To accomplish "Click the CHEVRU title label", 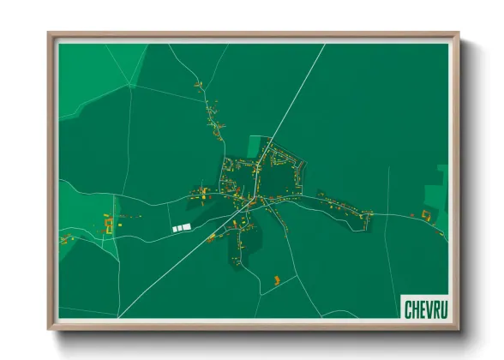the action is coord(424,306).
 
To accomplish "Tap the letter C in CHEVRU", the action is coord(408,306).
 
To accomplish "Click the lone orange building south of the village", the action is coord(277,279).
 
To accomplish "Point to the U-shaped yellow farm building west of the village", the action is coord(109,225).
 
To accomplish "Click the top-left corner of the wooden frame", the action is coord(49,34).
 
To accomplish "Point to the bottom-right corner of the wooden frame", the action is coord(458,328).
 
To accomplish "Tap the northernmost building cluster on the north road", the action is coord(198,86).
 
